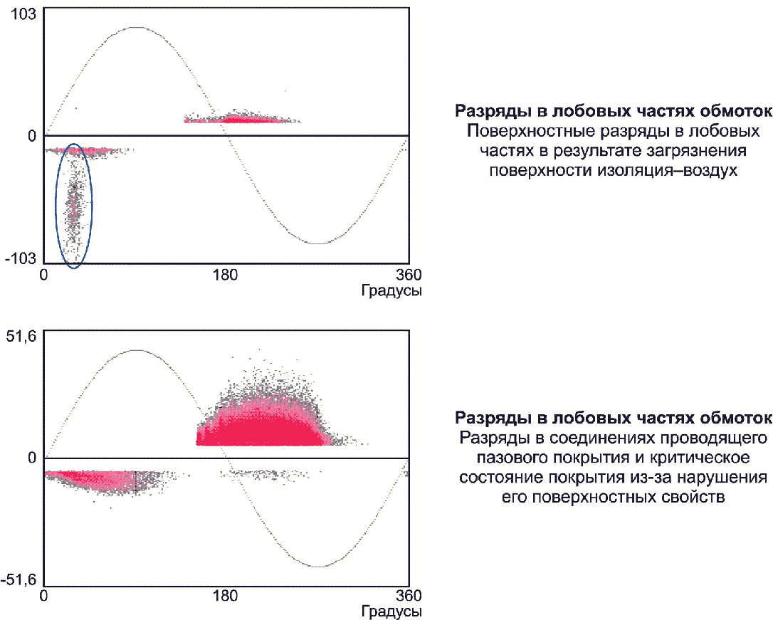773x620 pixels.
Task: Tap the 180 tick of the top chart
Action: click(226, 275)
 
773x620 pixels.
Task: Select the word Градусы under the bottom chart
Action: click(391, 611)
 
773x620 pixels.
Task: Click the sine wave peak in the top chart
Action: click(136, 28)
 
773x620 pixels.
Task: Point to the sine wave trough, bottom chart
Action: click(318, 567)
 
